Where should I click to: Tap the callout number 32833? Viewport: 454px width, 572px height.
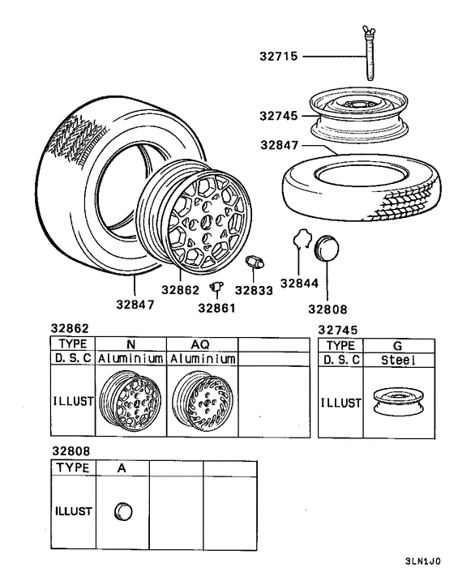[x=254, y=289]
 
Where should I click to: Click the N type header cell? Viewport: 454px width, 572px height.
[x=131, y=344]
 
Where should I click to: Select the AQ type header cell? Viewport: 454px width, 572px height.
[x=202, y=344]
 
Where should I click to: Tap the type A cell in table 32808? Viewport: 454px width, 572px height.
[x=122, y=467]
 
